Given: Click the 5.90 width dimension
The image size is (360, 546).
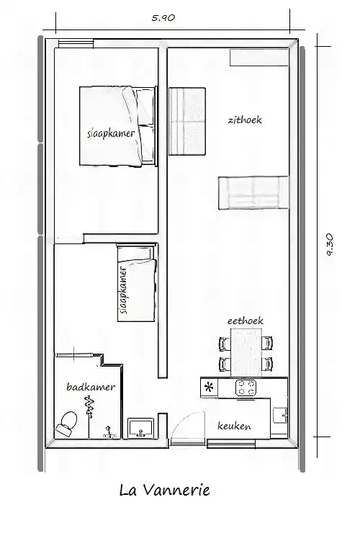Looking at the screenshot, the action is coord(163,18).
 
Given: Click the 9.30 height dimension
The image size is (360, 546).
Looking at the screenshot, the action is coord(329,245).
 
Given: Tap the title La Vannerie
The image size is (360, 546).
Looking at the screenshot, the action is coord(164,490).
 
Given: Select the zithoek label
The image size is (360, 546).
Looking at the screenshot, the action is coord(245,120).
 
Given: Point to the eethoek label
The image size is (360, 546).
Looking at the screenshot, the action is coord(245,321).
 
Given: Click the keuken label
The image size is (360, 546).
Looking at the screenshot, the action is coord(234,426).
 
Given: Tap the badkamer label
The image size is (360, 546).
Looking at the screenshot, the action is coord(91,387).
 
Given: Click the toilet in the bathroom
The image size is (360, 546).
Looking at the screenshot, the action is coord(66,424).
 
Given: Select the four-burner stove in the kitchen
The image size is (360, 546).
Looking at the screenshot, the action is coord(246,388).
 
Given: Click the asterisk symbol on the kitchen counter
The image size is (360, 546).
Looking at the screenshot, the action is coord(209,387).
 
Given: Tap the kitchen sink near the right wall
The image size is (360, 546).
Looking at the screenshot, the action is coord(280,415).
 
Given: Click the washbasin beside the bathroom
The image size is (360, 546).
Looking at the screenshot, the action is coord(140,428).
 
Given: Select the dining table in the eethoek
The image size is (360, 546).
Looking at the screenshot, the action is coord(246,352).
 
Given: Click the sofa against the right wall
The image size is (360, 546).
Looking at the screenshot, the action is coord(253,192).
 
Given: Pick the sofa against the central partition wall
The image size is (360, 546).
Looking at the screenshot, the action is coord(187,121).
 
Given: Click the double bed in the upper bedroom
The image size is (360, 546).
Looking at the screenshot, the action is coord(118,126).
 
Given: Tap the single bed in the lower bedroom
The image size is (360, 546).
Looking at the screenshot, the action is coord(136,282).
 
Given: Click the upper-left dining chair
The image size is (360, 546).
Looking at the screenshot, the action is coord(225,344).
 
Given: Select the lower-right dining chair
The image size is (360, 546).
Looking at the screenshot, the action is coord(267,364).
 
